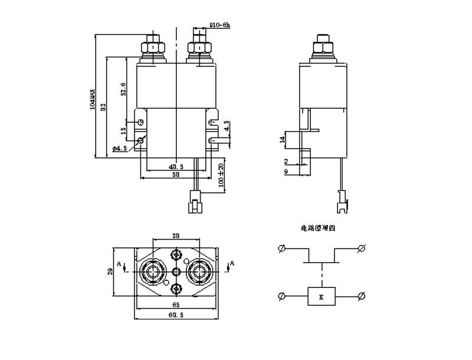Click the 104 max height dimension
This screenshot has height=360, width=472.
(92, 98)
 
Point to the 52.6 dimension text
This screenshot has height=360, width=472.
(123, 88)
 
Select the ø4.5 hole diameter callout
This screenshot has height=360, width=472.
(120, 148)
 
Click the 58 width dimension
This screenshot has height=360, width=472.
(176, 175)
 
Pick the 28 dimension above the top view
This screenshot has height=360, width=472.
(176, 235)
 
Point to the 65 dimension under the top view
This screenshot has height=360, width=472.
(176, 305)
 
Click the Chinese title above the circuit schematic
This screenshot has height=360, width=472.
(317, 227)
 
